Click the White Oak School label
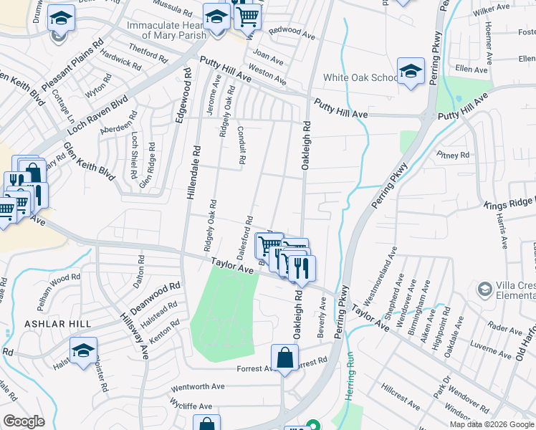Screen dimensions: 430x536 (x=360, y=77)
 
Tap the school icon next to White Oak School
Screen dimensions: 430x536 (x=411, y=72)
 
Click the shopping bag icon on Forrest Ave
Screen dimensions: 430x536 (x=284, y=358)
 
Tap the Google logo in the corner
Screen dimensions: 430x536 (x=23, y=421)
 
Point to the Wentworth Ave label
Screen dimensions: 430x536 (x=197, y=386)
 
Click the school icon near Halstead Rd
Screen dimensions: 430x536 (x=83, y=351)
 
